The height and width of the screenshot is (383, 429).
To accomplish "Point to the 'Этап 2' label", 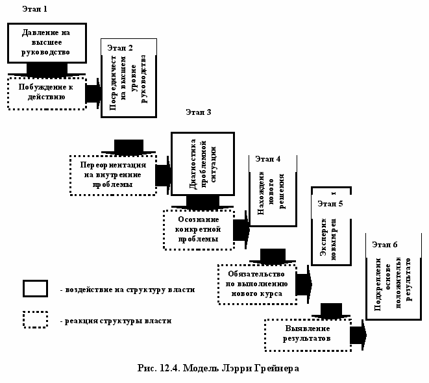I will point(120,48).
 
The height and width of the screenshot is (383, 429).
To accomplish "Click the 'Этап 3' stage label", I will point(199,113).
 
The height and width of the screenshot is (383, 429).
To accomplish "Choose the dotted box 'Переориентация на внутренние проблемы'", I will point(113,175).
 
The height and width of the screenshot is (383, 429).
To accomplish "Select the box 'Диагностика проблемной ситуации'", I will point(202,165).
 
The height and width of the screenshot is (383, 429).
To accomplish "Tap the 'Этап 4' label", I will point(268,158).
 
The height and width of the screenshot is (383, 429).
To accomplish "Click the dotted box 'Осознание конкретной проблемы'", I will point(198,229).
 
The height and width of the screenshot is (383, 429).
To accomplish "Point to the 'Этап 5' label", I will point(330,203).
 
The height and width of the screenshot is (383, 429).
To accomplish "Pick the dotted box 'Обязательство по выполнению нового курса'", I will point(256,284).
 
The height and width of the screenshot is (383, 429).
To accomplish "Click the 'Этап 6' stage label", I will point(385,245).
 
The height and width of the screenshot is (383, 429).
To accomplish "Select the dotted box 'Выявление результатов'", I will point(307,334).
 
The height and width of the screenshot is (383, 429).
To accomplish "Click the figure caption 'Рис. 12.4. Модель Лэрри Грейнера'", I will point(217,369).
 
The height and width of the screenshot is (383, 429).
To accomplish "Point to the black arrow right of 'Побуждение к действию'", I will point(93,93).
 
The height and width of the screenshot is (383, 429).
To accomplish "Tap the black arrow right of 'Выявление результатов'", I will point(358,335).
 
